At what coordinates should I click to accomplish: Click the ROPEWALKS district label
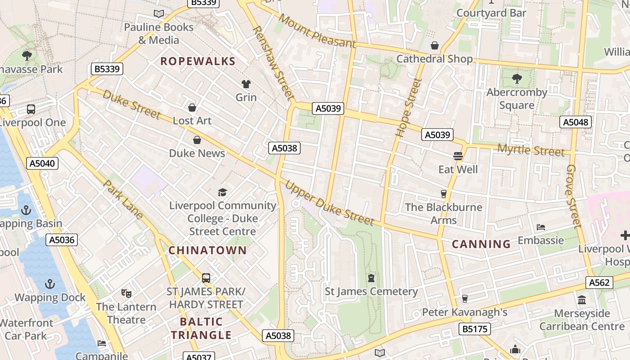[x=198, y=61]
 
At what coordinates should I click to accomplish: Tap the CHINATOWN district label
[x=207, y=250]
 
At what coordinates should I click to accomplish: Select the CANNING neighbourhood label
[x=481, y=244]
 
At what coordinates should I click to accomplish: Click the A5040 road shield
[x=43, y=163]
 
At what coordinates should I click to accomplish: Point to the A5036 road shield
[x=62, y=240]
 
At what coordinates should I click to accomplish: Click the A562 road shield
[x=599, y=283]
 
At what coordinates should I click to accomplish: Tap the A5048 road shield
[x=576, y=122]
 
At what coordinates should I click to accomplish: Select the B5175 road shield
[x=475, y=329]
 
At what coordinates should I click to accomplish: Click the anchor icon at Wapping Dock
[x=50, y=284]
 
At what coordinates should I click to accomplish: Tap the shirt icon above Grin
[x=246, y=84]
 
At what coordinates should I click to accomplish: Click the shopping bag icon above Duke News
[x=197, y=140]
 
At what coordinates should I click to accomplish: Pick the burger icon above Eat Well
[x=458, y=156]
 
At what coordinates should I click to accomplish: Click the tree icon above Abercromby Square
[x=517, y=79]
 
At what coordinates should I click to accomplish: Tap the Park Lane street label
[x=123, y=199]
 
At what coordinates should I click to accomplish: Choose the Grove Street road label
[x=574, y=196]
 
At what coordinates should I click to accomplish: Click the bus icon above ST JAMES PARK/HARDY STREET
[x=206, y=278]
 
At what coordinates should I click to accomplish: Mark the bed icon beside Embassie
[x=541, y=227]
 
